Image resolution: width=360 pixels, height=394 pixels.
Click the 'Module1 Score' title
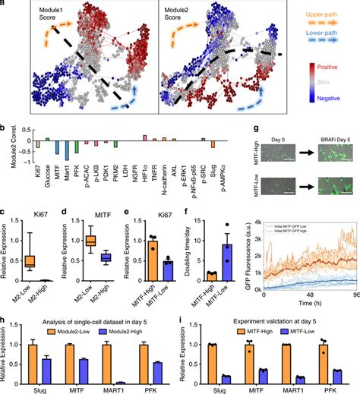pyautogui.click(x=46, y=12)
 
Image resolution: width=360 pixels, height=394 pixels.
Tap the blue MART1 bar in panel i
pyautogui.click(x=304, y=377)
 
